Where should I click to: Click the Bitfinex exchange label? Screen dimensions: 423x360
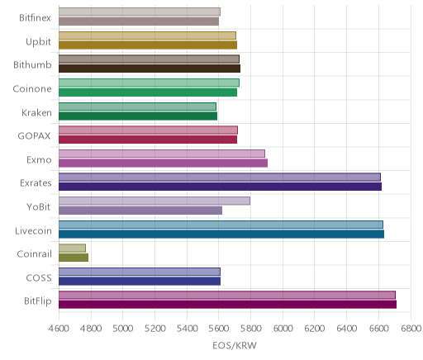click(x=35, y=18)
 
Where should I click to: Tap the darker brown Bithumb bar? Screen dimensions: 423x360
click(x=150, y=69)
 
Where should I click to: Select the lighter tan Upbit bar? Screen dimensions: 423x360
click(x=147, y=36)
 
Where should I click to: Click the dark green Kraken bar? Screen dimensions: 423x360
click(x=138, y=116)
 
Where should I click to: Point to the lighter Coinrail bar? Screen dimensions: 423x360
click(x=72, y=248)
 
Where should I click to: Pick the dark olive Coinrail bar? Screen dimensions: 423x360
click(x=74, y=258)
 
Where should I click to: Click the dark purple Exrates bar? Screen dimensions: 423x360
click(x=220, y=187)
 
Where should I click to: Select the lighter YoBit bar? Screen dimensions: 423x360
click(x=154, y=201)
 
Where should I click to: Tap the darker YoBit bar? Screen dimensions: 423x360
click(x=140, y=211)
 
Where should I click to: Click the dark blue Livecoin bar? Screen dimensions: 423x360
click(x=221, y=234)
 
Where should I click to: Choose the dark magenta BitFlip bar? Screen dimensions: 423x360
click(x=227, y=305)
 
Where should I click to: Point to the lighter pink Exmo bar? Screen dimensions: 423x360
click(x=162, y=154)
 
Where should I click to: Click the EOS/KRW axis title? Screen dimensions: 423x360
click(x=235, y=345)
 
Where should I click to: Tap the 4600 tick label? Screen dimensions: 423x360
click(x=59, y=329)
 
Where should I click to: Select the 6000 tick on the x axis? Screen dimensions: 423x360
click(x=283, y=329)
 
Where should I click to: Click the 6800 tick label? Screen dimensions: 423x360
click(x=411, y=329)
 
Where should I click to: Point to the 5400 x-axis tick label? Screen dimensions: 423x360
click(x=187, y=329)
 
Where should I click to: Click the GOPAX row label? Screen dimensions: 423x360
click(x=34, y=136)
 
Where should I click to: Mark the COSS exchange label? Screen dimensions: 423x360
click(x=39, y=277)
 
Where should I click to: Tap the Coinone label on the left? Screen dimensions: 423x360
click(x=32, y=88)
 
